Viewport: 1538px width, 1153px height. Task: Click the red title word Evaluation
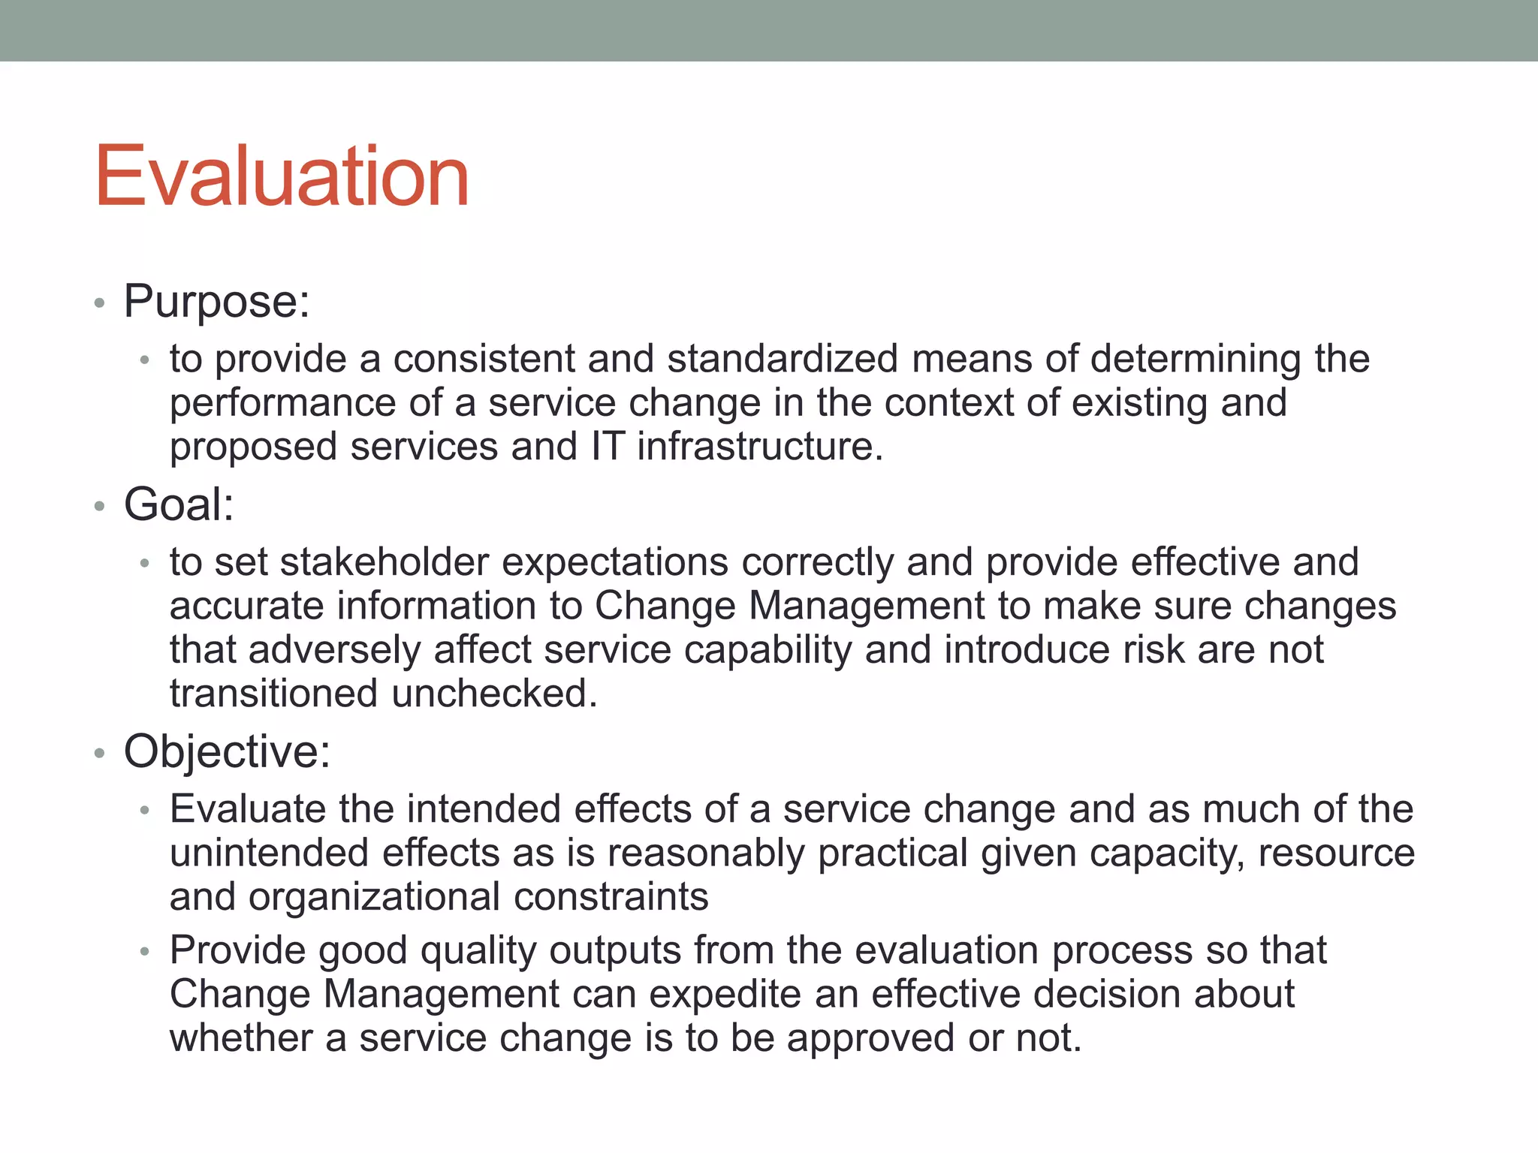coord(282,176)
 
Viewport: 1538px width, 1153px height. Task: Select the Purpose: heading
coord(216,302)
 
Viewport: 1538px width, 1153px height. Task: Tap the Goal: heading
coord(179,504)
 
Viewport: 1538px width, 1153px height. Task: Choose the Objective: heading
coord(227,751)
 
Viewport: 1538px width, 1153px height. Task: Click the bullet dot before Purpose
coord(99,304)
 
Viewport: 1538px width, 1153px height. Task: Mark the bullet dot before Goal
coord(99,507)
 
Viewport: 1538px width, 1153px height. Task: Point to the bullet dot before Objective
coord(99,753)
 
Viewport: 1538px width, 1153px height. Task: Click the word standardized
coord(783,359)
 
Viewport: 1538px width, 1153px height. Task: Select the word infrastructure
coord(759,447)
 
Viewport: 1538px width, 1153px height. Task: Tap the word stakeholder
coord(384,562)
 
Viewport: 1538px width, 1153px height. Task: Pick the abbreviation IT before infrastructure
coord(608,447)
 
